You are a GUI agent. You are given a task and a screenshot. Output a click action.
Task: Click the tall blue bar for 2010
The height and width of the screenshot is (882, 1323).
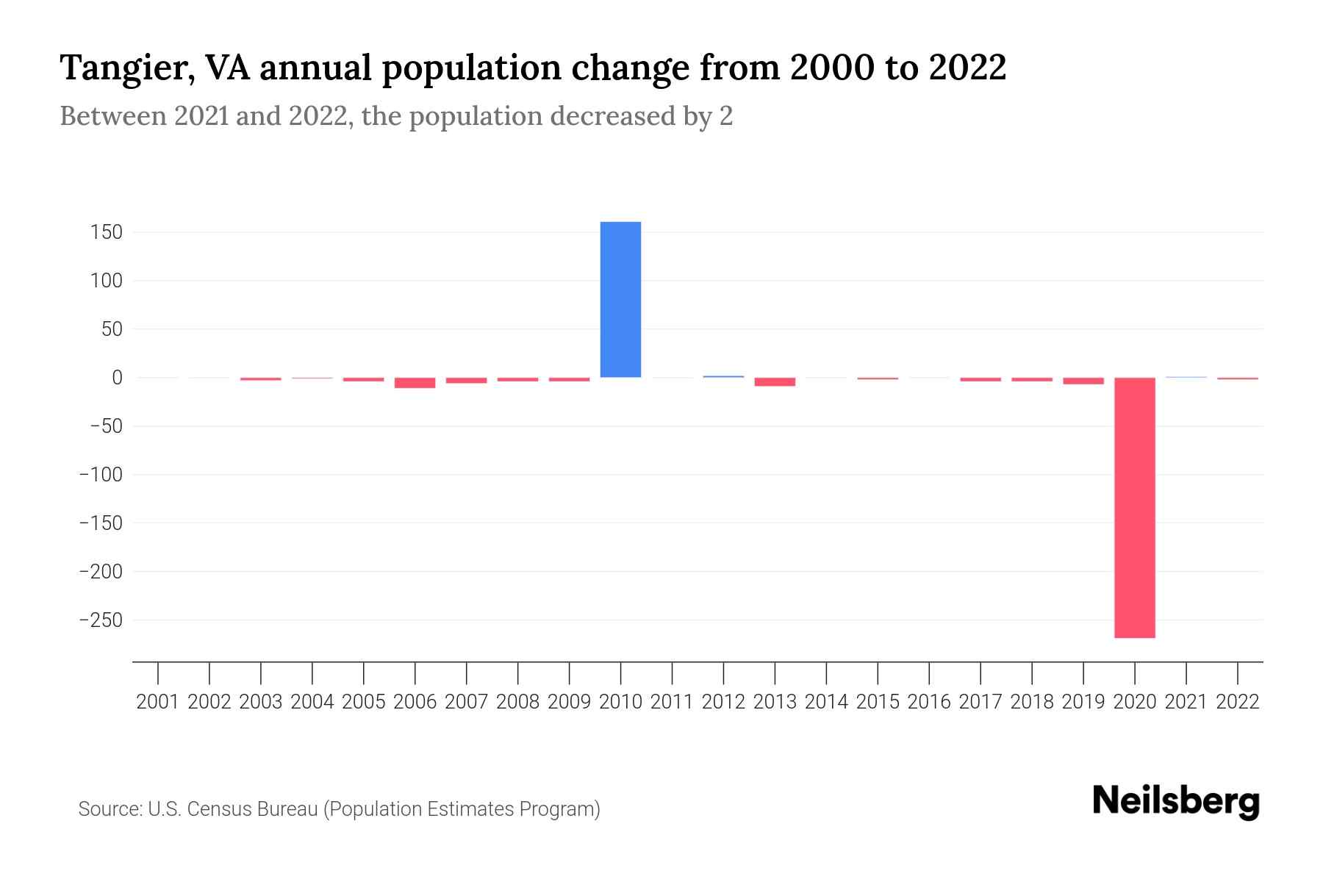pos(620,299)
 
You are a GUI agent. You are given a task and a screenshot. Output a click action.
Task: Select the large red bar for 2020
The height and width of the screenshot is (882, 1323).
pos(1134,507)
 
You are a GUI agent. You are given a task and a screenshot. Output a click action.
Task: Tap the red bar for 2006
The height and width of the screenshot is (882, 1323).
pos(415,383)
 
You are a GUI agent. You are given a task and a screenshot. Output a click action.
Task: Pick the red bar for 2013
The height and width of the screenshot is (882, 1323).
pos(775,381)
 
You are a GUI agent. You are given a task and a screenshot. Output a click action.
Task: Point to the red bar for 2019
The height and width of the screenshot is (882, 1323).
pos(1083,381)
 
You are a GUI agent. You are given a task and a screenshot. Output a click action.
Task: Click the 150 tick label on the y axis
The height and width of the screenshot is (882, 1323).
pos(107,232)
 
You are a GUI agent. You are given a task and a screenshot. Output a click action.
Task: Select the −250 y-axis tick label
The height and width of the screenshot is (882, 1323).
pos(101,620)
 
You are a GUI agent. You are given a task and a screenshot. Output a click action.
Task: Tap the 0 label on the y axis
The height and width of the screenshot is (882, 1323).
pos(116,378)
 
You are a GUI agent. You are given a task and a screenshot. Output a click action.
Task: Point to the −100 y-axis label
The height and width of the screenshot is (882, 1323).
pos(101,475)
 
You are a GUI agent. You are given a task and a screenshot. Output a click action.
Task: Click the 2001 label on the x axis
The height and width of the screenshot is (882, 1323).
pos(158,702)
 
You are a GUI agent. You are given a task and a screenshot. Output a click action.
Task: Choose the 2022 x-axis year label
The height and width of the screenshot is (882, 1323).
pos(1238,702)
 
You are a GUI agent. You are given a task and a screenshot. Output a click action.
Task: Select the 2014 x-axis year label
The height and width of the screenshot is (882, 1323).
pos(826,702)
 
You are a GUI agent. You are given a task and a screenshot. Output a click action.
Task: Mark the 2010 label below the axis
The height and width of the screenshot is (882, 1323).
pos(620,702)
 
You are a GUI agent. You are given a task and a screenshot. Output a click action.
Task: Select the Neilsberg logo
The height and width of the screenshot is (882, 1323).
pos(1176,801)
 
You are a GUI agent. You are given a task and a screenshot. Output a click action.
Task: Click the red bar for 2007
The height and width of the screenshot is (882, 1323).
pos(466,381)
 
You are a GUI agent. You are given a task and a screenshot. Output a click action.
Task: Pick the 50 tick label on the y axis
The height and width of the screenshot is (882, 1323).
pos(112,329)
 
